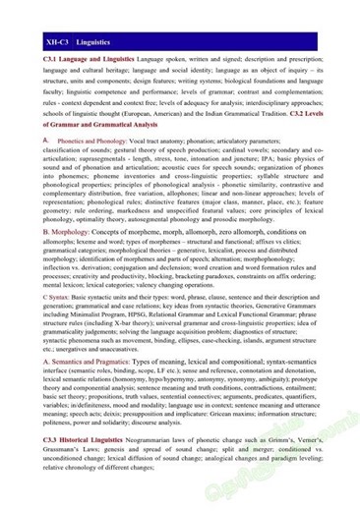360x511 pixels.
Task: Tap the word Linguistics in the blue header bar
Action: click(97, 43)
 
